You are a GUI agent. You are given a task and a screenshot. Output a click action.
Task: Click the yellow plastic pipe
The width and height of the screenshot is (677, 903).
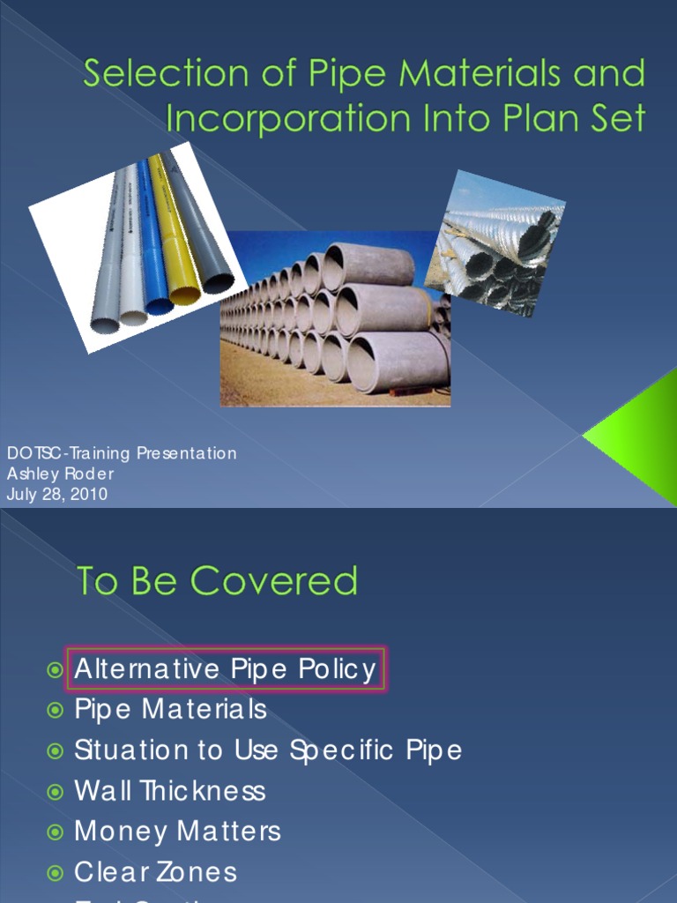(173, 233)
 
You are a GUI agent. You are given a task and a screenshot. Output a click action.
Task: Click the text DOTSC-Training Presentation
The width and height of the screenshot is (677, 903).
(122, 453)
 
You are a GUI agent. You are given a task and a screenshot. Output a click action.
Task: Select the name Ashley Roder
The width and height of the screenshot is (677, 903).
(60, 474)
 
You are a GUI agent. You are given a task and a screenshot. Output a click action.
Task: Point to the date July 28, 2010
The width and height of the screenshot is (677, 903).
(57, 494)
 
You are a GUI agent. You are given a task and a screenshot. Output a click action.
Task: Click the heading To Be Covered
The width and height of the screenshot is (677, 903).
(217, 581)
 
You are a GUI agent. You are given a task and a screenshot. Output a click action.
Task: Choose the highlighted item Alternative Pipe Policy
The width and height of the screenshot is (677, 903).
(226, 669)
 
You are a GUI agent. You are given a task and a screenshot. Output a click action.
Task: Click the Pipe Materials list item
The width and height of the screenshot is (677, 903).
(170, 709)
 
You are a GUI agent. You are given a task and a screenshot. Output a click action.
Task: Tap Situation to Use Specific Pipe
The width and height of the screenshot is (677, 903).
(268, 750)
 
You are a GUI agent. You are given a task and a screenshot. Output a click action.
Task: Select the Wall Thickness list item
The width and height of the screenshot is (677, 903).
(169, 790)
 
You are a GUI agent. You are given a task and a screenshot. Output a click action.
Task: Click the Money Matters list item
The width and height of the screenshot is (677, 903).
(177, 831)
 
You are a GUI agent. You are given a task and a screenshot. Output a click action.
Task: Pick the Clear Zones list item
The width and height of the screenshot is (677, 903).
(156, 871)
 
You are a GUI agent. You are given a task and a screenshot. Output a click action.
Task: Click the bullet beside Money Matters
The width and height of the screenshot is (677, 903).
(56, 832)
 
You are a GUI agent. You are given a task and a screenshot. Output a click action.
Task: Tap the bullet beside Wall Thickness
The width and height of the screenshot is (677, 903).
(56, 791)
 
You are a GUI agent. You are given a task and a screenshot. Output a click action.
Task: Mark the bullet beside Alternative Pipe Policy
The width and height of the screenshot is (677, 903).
(56, 670)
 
